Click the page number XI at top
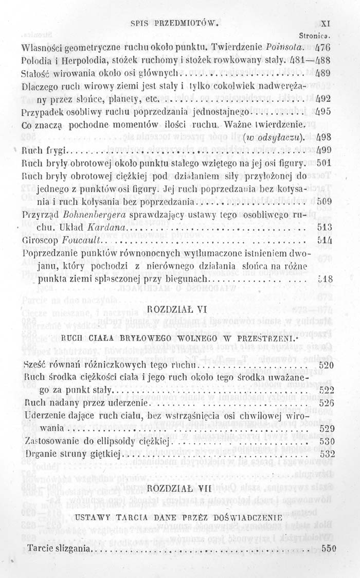click(x=324, y=23)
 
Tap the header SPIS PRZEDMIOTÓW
click(x=175, y=23)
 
